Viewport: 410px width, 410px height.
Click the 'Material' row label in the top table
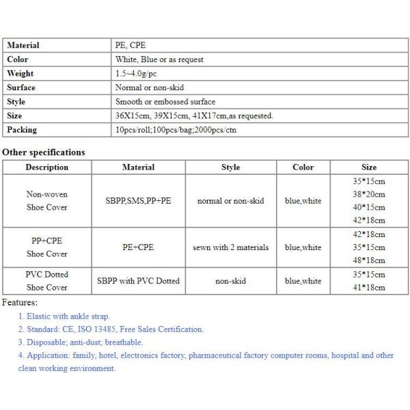23,45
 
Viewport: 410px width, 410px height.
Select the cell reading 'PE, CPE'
131,45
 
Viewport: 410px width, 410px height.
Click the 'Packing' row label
21,129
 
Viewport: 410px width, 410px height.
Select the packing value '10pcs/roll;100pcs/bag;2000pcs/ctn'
176,129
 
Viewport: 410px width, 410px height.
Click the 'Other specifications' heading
44,152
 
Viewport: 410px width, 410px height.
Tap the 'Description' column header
46,167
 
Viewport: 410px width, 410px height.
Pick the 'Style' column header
231,167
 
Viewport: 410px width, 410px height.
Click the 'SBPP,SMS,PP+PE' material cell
138,201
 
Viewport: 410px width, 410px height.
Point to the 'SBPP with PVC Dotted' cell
138,281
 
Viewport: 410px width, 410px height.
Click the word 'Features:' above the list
20,302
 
